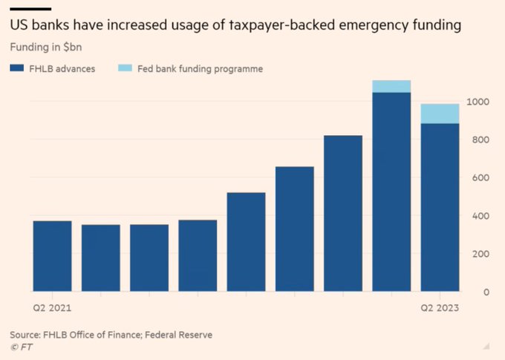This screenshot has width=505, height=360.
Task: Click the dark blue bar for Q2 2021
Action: [53, 256]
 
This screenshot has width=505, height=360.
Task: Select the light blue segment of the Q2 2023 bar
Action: [440, 114]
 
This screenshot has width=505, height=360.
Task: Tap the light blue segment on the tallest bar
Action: [391, 86]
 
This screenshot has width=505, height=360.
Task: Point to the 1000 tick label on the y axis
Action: [478, 102]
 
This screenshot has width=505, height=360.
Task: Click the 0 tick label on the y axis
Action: [486, 292]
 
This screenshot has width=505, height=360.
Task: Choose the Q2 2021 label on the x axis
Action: [48, 307]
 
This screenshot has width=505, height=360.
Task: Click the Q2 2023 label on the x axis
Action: [440, 307]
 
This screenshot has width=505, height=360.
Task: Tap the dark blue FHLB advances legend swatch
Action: [18, 68]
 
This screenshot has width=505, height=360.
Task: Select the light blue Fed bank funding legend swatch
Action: [125, 68]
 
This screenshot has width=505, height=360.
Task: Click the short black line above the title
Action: [30, 8]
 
